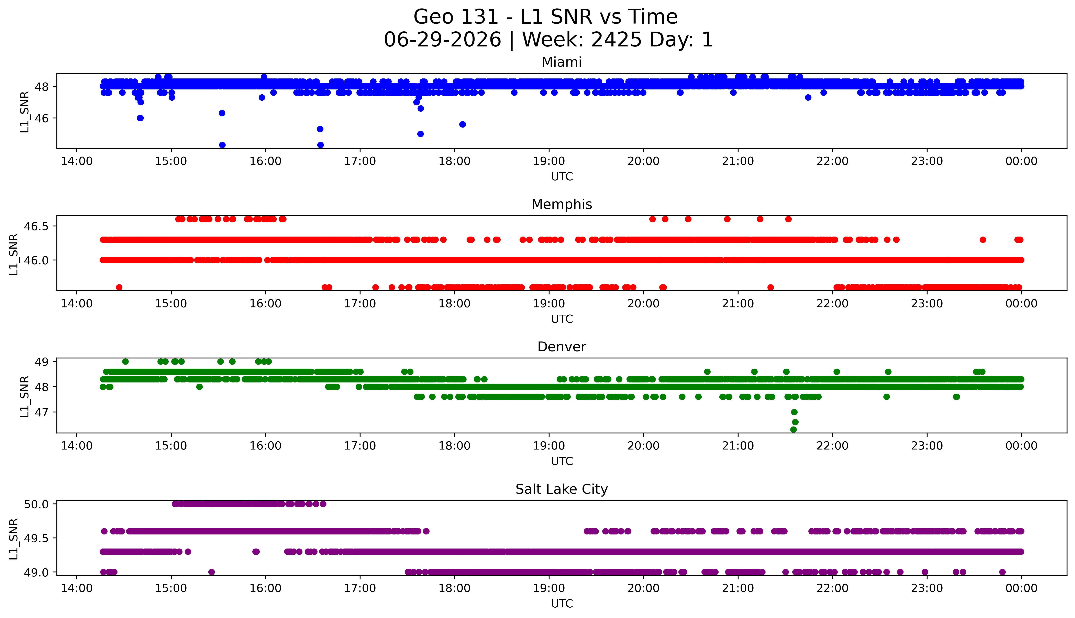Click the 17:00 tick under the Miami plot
point(360,161)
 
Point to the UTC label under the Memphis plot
point(562,319)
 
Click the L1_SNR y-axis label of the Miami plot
point(25,112)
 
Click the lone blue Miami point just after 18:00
point(462,124)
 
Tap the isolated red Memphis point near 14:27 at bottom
point(119,287)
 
